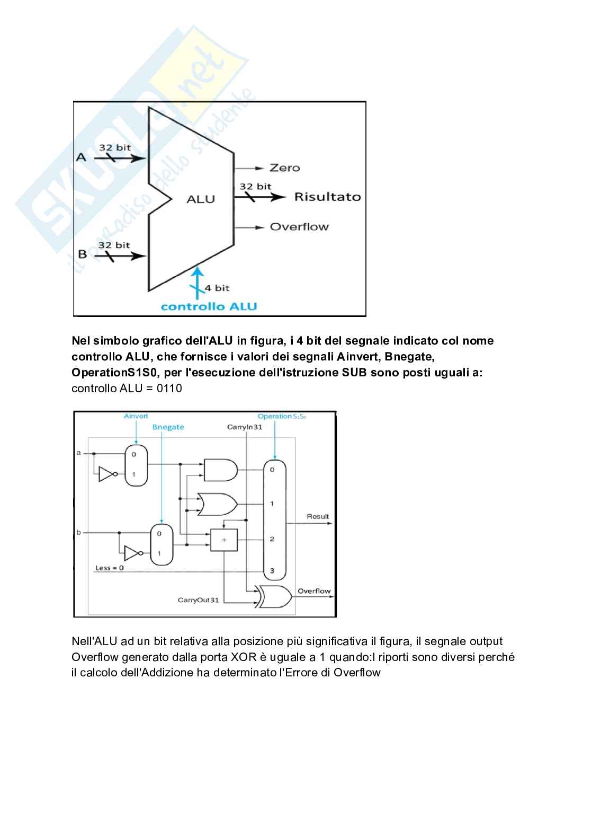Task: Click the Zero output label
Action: (x=284, y=168)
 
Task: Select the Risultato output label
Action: (x=327, y=197)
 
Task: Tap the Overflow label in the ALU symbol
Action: (x=299, y=227)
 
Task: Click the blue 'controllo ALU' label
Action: (x=209, y=306)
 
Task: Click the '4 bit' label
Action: (x=217, y=288)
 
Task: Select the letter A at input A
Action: (x=81, y=157)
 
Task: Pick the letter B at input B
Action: (x=82, y=254)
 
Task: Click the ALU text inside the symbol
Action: (x=201, y=199)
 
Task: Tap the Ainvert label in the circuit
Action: (x=136, y=416)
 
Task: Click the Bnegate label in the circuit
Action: (x=168, y=427)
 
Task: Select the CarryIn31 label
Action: (x=245, y=427)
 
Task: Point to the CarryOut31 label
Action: (x=198, y=600)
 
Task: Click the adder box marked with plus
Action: (x=224, y=540)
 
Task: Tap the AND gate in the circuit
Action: (x=220, y=470)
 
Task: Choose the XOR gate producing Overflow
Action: (x=274, y=596)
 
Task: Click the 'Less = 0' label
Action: (x=110, y=568)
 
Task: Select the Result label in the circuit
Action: (x=318, y=516)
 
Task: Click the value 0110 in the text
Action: (x=169, y=389)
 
